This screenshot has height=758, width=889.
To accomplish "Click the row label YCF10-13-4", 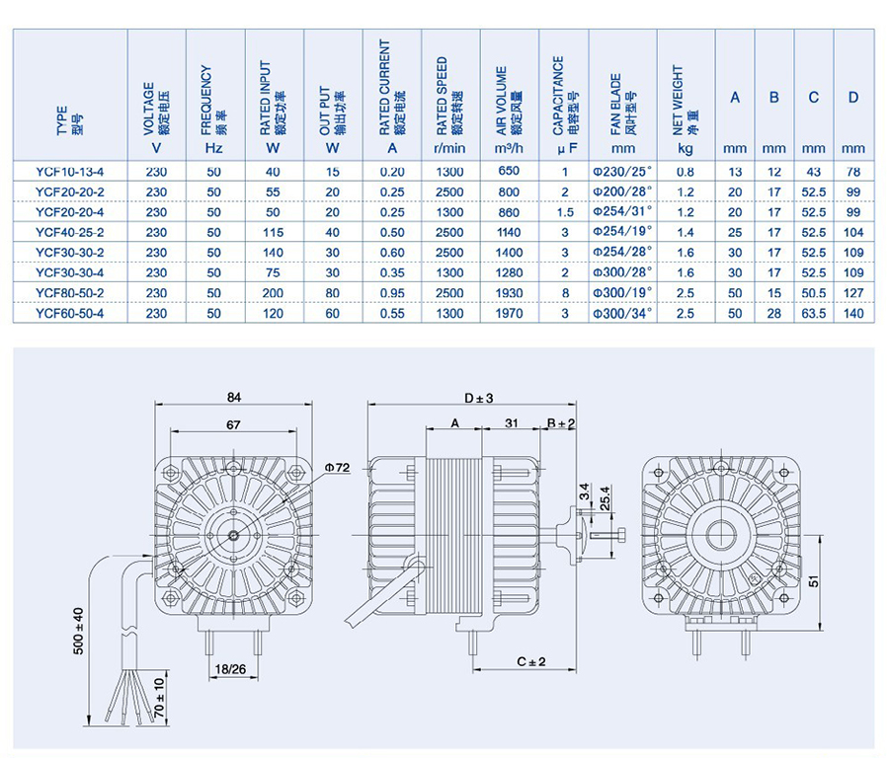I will coord(69,171).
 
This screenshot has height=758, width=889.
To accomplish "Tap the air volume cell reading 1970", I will coord(509,314).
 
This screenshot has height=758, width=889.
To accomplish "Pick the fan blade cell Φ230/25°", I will coord(622,171).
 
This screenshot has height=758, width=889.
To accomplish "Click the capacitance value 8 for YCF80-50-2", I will coord(564,293).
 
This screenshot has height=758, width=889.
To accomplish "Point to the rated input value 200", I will coord(274,293).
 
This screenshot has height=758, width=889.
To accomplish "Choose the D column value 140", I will coord(854,314).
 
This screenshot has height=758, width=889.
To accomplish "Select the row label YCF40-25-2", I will coord(69,232).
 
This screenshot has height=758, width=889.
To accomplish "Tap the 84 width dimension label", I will coord(234,397).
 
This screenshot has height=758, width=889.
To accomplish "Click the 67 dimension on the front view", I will coord(234,425).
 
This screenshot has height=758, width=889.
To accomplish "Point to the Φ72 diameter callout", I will coord(338,466).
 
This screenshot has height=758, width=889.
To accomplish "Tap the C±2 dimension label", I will coord(530,660).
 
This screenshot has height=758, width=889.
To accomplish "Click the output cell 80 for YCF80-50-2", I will coord(333,293).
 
